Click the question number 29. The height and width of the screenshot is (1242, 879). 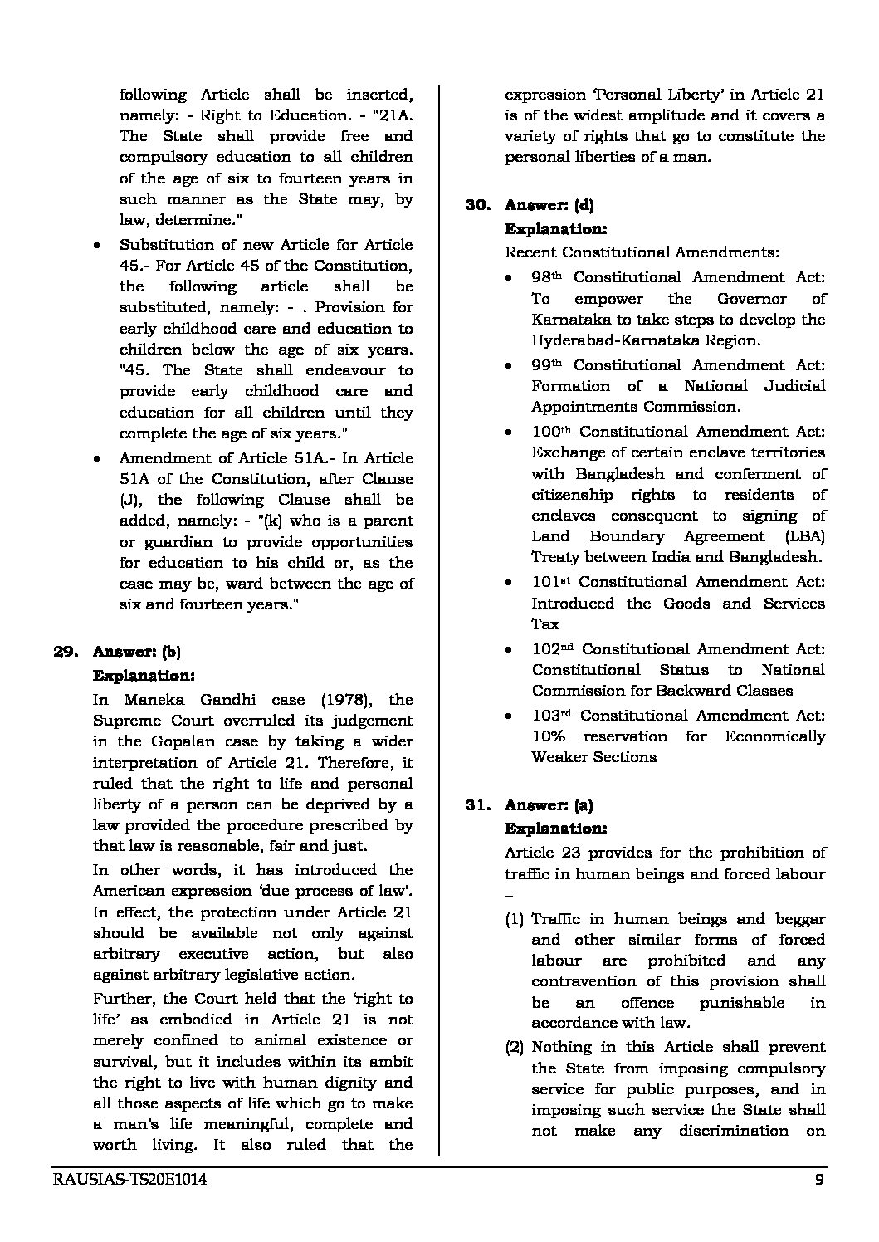66,652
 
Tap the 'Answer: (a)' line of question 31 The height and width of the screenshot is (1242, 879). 549,804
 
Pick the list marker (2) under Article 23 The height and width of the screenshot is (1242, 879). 515,1048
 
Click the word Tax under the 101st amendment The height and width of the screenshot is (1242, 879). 545,624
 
